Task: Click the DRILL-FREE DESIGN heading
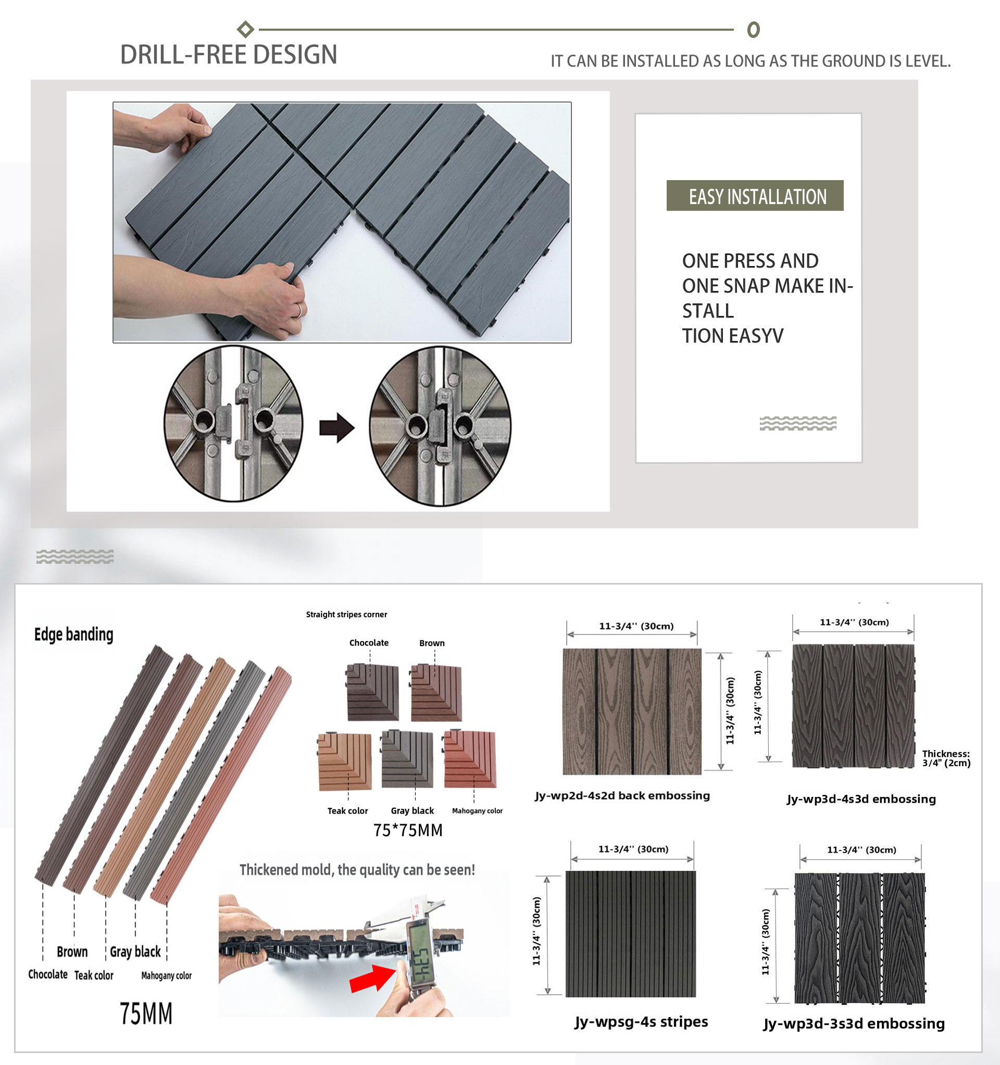coord(229,55)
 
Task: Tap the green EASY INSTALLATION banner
coord(755,196)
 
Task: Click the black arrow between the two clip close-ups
coord(336,427)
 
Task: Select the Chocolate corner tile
coord(372,692)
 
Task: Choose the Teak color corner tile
coord(345,761)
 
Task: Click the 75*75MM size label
coord(408,830)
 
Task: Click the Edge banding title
coord(74,635)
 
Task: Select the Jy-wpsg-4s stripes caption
coord(641,1022)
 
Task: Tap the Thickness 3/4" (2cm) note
coord(946,758)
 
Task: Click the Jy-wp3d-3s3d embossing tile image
coord(859,938)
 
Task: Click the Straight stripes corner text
coord(346,614)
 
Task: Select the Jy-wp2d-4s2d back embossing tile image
coord(632,712)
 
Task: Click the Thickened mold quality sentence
coord(357,869)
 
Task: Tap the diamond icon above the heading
coord(245,29)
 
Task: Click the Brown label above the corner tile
coord(432,643)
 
